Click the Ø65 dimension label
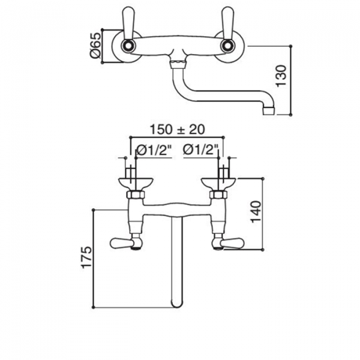pyautogui.click(x=95, y=46)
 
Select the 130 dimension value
pyautogui.click(x=281, y=76)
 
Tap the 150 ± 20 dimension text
pyautogui.click(x=177, y=130)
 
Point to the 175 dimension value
pyautogui.click(x=86, y=257)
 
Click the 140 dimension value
pyautogui.click(x=256, y=212)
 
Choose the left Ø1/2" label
pyautogui.click(x=154, y=151)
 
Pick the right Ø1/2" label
pyautogui.click(x=200, y=150)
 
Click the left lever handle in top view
pyautogui.click(x=127, y=23)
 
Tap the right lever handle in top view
pyautogui.click(x=227, y=23)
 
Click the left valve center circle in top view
pyautogui.click(x=127, y=46)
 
